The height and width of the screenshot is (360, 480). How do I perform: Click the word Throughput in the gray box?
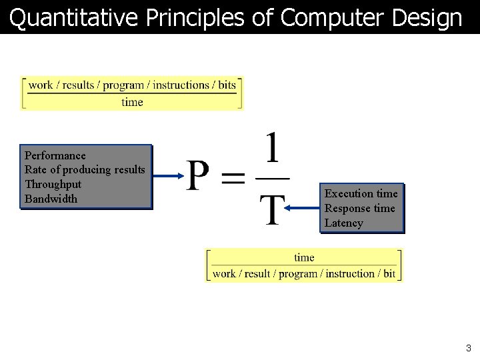[x=53, y=185]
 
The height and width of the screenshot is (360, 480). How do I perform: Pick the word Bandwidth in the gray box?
[x=51, y=199]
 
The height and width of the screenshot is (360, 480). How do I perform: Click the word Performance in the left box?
[x=55, y=156]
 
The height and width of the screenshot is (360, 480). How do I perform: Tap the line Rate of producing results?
[x=85, y=170]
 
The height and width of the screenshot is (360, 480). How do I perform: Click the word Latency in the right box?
[x=343, y=223]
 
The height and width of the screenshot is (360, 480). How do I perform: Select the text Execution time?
[x=361, y=194]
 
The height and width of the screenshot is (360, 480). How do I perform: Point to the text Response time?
[x=359, y=209]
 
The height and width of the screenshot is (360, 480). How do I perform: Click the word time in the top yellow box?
[x=132, y=102]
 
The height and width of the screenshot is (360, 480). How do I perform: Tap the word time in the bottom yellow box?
[x=304, y=258]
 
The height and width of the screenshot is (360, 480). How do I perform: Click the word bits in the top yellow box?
[x=227, y=85]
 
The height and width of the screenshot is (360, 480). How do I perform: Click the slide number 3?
[x=469, y=348]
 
